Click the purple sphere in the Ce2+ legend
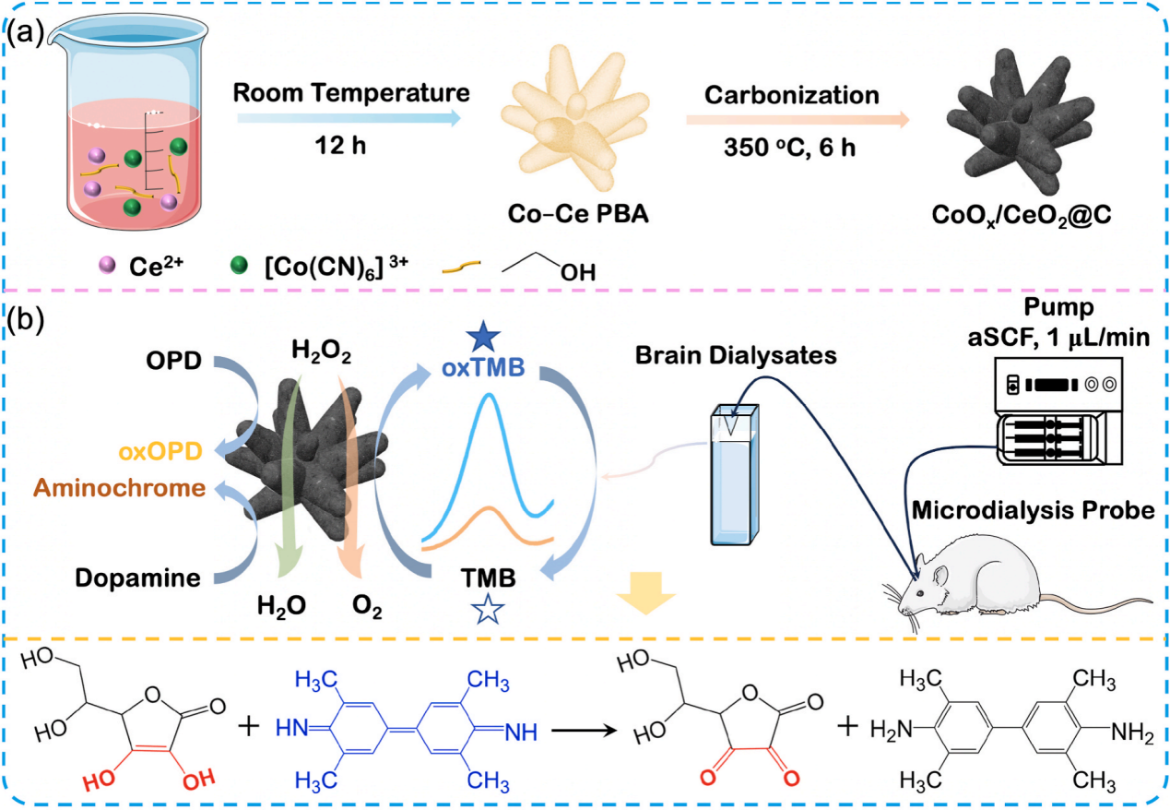[x=107, y=268]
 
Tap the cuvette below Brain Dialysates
[x=734, y=476]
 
